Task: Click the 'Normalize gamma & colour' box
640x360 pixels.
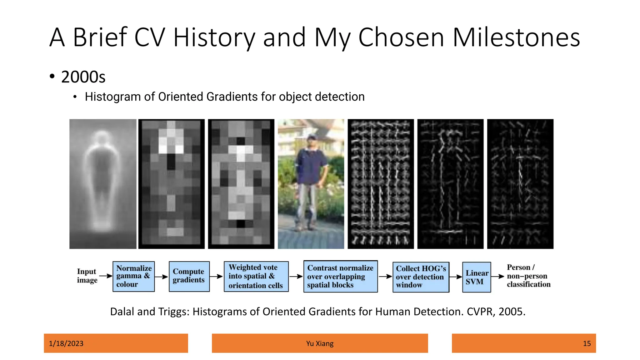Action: click(x=134, y=277)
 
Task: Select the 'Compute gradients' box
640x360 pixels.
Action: click(x=189, y=277)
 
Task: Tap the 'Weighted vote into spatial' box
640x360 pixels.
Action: click(x=256, y=277)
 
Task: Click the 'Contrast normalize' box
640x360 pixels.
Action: click(x=340, y=277)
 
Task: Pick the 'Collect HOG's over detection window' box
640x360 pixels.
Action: click(x=421, y=277)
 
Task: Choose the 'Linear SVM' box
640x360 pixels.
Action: click(x=476, y=277)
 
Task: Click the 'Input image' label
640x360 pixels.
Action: click(x=87, y=276)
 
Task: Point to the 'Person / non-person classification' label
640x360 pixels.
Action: click(x=528, y=276)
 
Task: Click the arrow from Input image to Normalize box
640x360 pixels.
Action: click(x=106, y=276)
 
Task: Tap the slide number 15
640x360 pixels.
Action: click(x=587, y=343)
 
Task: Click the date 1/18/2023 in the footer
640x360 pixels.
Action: click(x=66, y=343)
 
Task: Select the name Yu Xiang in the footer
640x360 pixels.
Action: click(x=320, y=343)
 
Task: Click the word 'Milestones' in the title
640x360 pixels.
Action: click(x=516, y=37)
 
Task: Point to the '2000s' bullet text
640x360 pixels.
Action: click(x=83, y=77)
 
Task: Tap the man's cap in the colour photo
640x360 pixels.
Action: click(x=311, y=137)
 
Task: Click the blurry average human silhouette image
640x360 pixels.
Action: click(x=103, y=184)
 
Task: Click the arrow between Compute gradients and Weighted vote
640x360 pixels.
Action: click(x=216, y=276)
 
